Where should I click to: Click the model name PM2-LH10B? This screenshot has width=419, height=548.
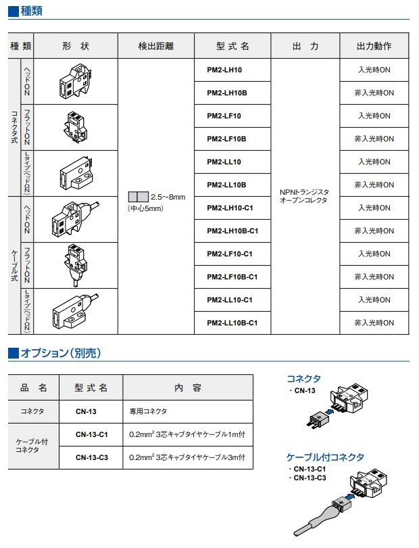226,93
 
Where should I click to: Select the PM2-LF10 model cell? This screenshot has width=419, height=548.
224,116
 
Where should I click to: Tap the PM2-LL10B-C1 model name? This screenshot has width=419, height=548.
232,323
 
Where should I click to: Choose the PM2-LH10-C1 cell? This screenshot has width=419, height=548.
229,208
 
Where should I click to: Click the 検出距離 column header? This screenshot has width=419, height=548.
156,47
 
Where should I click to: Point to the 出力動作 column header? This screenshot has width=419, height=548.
374,47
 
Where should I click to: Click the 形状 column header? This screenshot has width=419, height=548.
75,47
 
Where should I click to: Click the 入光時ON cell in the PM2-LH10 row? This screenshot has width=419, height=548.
374,70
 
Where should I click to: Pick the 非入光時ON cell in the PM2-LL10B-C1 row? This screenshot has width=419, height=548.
374,323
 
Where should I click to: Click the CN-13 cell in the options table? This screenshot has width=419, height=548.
86,411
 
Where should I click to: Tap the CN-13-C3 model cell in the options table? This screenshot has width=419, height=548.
91,457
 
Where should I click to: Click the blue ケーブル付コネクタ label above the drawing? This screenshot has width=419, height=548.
325,457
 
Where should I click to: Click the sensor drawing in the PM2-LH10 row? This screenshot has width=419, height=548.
75,81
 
